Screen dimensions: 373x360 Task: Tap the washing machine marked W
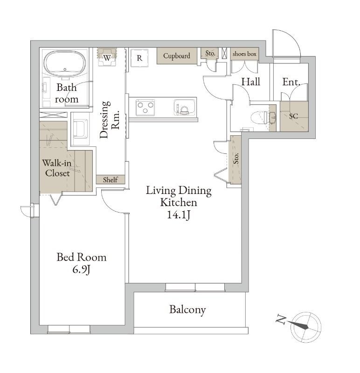click(x=107, y=58)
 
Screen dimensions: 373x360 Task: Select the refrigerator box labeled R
click(x=139, y=58)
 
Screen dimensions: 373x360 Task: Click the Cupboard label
click(x=177, y=56)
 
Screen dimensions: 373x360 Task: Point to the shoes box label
click(x=244, y=54)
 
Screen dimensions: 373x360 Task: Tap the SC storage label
click(x=293, y=116)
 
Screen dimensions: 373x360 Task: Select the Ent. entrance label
click(x=291, y=82)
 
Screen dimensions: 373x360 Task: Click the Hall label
click(x=250, y=82)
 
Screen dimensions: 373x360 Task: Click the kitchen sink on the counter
click(x=183, y=109)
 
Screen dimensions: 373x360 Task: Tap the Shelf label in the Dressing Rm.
click(x=110, y=180)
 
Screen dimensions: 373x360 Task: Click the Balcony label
click(x=187, y=310)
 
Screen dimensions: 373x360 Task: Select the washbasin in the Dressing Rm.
click(x=80, y=128)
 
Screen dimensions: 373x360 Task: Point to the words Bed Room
click(x=81, y=257)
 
